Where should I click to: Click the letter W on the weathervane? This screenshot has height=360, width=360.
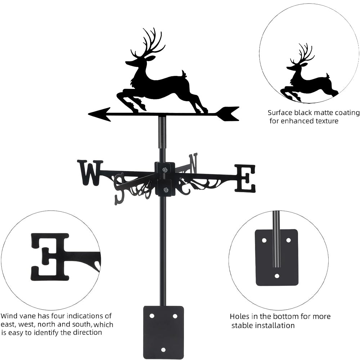tap(90, 173)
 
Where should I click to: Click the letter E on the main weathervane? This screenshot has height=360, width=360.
tap(245, 178)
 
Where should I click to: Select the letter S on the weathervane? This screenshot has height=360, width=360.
tap(120, 189)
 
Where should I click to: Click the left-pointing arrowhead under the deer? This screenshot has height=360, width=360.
tap(100, 114)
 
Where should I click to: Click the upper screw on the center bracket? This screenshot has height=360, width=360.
tap(165, 170)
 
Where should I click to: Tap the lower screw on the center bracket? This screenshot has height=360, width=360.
tap(165, 190)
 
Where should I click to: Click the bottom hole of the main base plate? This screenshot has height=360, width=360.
tap(163, 350)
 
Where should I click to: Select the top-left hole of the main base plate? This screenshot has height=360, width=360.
tap(152, 316)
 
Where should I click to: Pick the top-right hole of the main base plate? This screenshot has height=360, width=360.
tap(175, 316)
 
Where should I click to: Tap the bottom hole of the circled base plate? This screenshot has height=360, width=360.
tap(277, 276)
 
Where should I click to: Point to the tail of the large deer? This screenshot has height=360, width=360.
tap(184, 74)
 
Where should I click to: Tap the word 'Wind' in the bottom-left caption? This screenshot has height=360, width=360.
tap(9, 316)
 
